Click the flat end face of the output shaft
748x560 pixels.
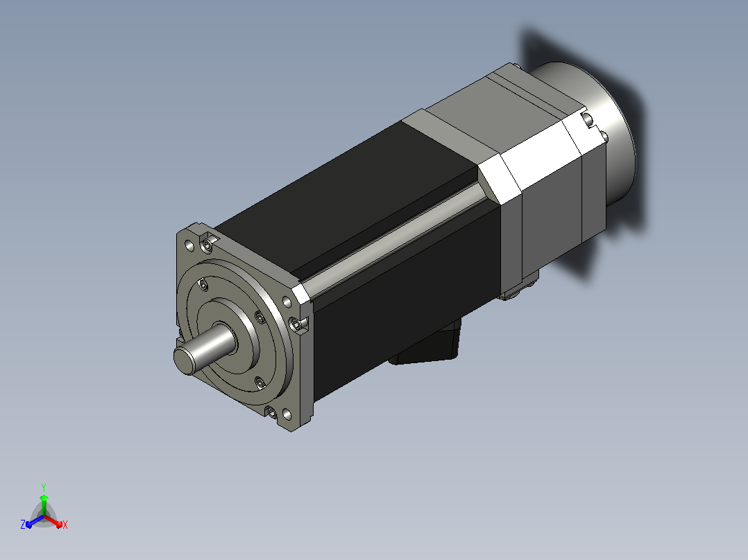point(185,361)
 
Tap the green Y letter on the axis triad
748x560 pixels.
point(44,487)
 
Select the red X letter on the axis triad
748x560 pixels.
point(65,525)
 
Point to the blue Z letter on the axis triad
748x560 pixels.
point(23,524)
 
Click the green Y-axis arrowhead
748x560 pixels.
point(44,498)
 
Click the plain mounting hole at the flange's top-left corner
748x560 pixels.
point(189,246)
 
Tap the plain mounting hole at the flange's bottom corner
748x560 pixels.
point(287,414)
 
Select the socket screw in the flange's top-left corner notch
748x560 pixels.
point(207,245)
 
